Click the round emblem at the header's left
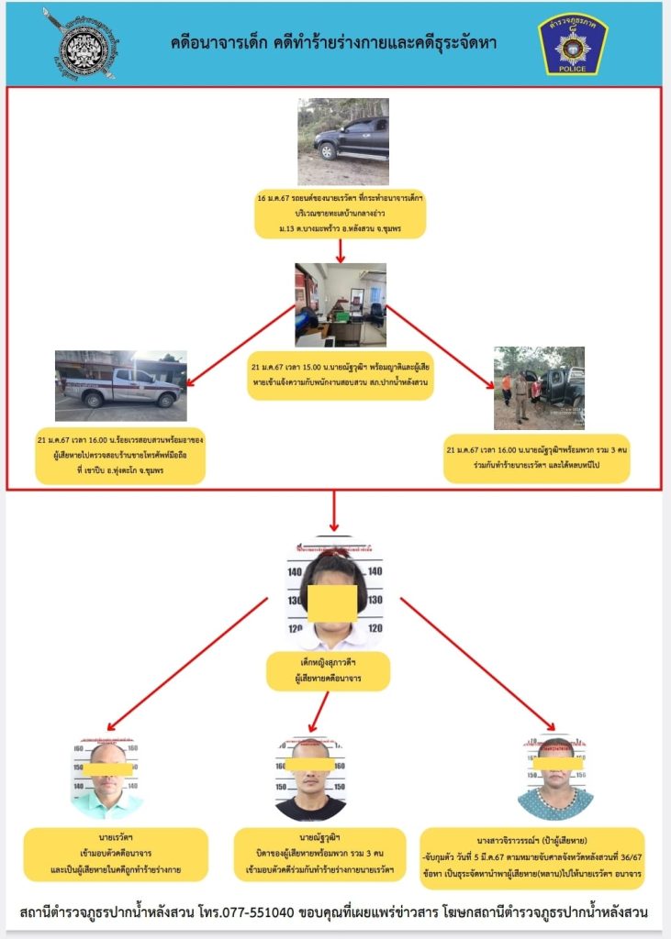[81, 43]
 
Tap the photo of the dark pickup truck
[342, 141]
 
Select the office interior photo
[340, 304]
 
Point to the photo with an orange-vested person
[539, 388]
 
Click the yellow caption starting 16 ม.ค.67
[341, 213]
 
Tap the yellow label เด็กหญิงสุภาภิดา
[328, 672]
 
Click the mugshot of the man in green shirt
[107, 779]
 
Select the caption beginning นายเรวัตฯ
[117, 854]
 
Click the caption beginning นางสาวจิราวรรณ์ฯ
[533, 858]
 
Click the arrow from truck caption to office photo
[341, 249]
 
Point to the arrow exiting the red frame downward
[334, 510]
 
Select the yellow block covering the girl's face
[331, 602]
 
